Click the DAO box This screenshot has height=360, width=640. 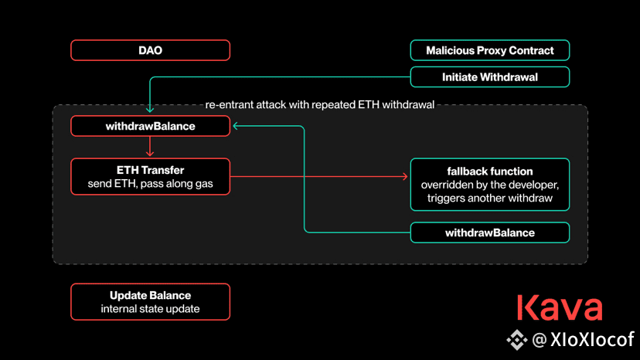pyautogui.click(x=150, y=50)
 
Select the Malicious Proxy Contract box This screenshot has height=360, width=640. pyautogui.click(x=490, y=50)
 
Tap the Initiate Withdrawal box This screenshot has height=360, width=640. pyautogui.click(x=490, y=77)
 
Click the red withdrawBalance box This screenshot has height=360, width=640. pyautogui.click(x=150, y=126)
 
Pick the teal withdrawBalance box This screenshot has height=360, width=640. pyautogui.click(x=490, y=233)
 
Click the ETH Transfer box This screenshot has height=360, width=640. pyautogui.click(x=150, y=177)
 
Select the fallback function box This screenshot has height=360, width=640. pyautogui.click(x=490, y=185)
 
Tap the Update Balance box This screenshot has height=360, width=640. pyautogui.click(x=150, y=301)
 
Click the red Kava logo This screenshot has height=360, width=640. pyautogui.click(x=560, y=307)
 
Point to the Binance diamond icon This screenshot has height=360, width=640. pyautogui.click(x=517, y=340)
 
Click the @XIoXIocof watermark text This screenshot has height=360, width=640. pyautogui.click(x=584, y=340)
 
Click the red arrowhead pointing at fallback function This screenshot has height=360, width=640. pyautogui.click(x=405, y=176)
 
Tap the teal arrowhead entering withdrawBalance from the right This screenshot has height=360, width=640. pyautogui.click(x=236, y=126)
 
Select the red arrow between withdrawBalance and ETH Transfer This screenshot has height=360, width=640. pyautogui.click(x=150, y=146)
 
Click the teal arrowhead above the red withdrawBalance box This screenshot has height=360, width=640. pyautogui.click(x=150, y=110)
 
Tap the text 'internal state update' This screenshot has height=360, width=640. pyautogui.click(x=150, y=309)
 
